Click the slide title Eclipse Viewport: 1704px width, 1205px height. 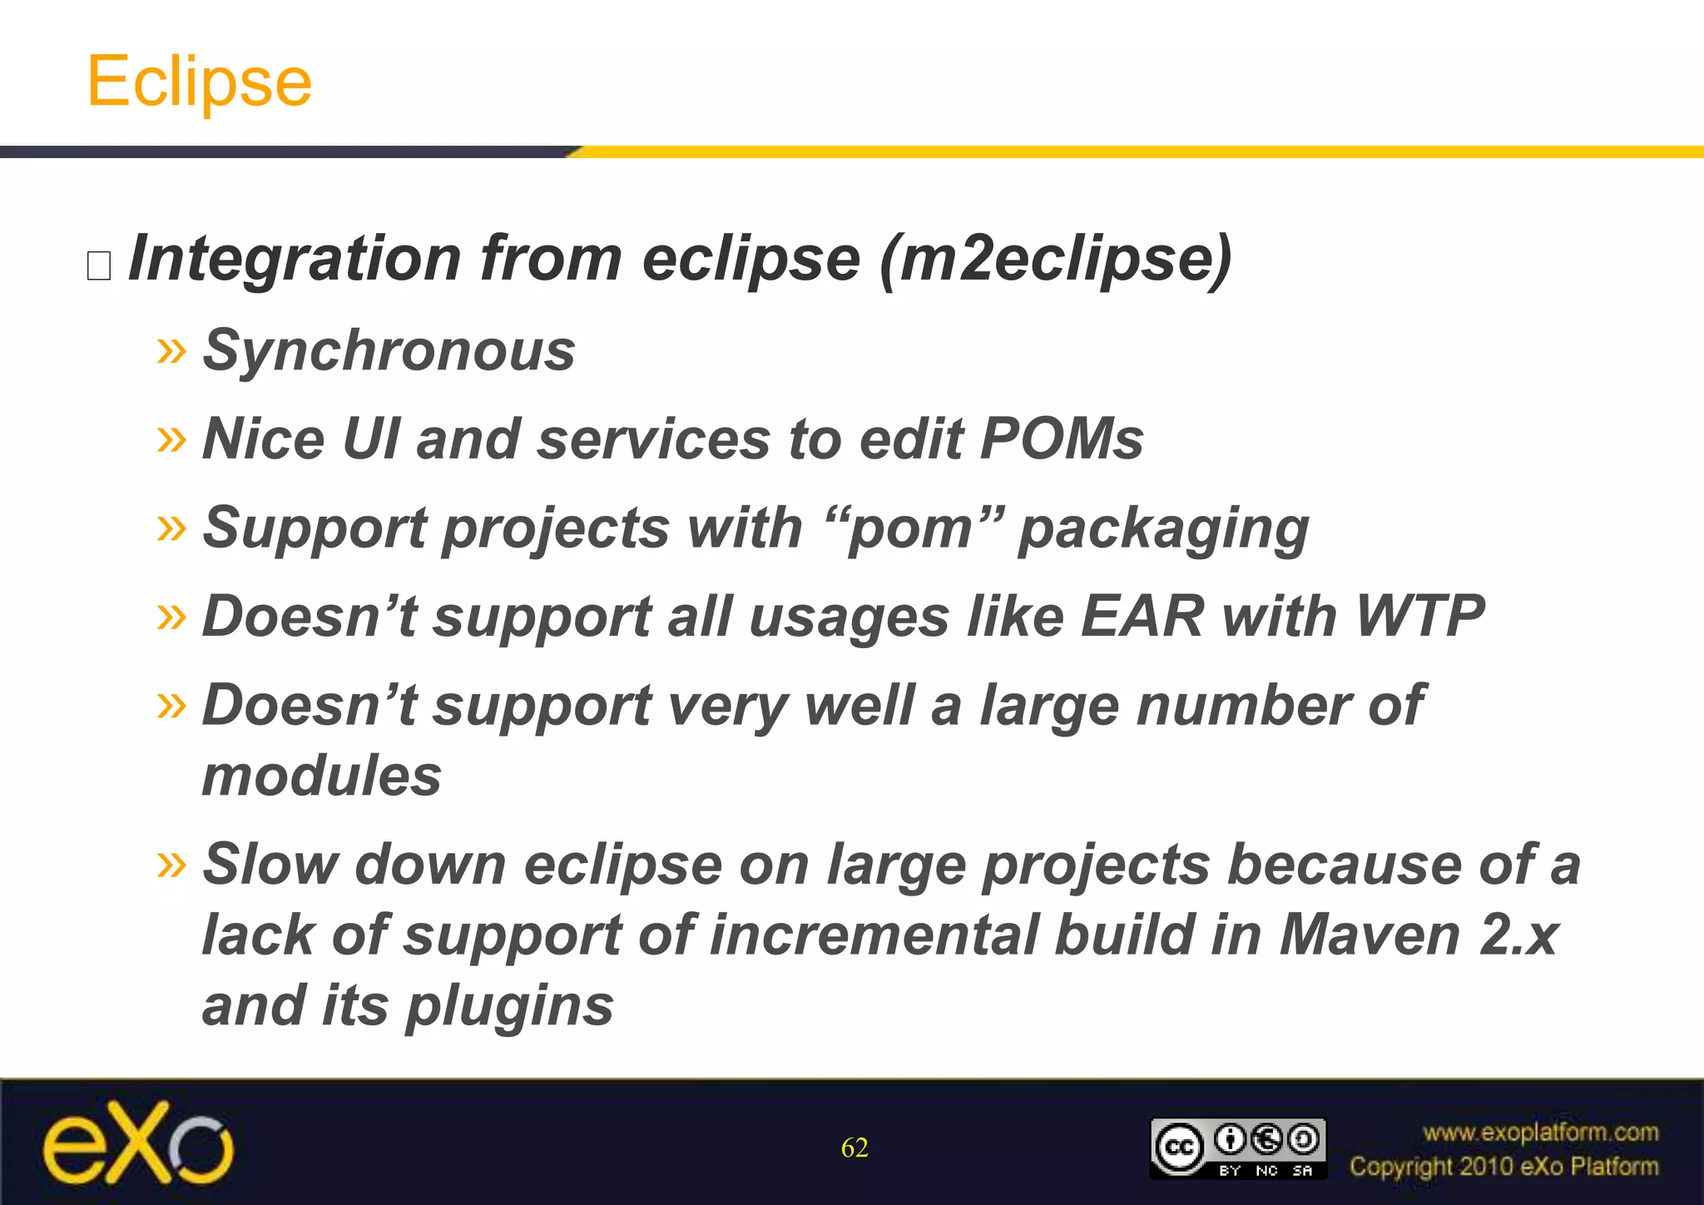click(x=199, y=82)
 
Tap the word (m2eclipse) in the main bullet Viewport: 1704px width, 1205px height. click(x=1055, y=259)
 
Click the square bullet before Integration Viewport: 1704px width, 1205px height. click(x=99, y=265)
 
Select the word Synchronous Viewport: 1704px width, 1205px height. click(x=389, y=350)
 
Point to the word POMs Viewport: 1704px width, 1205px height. click(x=1061, y=439)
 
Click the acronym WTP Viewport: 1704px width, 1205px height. click(x=1419, y=617)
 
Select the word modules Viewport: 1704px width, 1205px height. click(x=321, y=776)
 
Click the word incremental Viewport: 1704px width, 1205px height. click(x=871, y=935)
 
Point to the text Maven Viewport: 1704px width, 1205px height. click(x=1370, y=935)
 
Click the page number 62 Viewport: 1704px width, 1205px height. click(x=854, y=1148)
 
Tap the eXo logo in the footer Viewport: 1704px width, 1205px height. click(x=138, y=1143)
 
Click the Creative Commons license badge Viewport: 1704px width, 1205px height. click(x=1237, y=1148)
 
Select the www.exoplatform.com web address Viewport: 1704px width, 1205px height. click(x=1540, y=1133)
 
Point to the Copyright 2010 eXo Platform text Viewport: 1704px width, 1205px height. click(x=1503, y=1167)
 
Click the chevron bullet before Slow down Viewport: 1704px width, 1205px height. click(x=171, y=865)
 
